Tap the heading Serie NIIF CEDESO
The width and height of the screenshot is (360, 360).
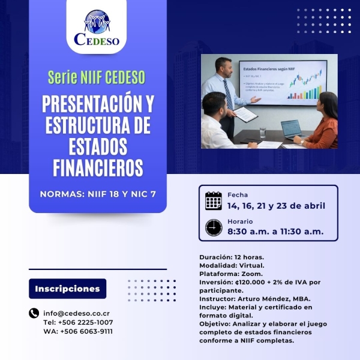[x=98, y=77]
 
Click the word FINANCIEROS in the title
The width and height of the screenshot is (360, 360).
[x=98, y=167]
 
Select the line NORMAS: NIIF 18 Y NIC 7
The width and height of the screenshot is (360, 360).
[x=98, y=194]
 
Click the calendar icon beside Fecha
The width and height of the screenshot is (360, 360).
[x=214, y=200]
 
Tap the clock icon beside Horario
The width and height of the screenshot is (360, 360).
[x=214, y=227]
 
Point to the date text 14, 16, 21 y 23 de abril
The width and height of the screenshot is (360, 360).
[x=276, y=206]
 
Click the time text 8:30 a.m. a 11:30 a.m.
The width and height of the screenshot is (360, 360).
[x=275, y=232]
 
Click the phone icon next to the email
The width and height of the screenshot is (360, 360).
[x=34, y=313]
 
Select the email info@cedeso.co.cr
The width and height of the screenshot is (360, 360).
[x=76, y=313]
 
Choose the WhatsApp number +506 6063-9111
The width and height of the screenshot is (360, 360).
[x=86, y=331]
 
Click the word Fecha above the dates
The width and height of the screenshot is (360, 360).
[x=238, y=194]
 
